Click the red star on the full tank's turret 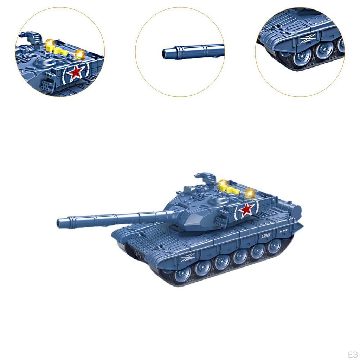tap(246, 210)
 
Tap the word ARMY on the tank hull tap(266, 236)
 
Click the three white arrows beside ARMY tap(284, 231)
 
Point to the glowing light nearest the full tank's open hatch tap(223, 184)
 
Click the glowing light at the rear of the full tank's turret tap(250, 193)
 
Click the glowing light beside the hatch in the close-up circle tap(50, 43)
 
